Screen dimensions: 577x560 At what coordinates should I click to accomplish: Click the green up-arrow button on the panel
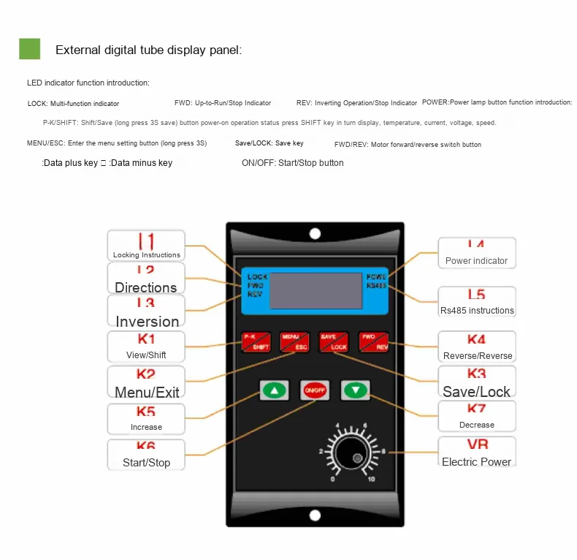[x=275, y=390]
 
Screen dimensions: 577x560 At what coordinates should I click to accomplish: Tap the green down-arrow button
[x=356, y=390]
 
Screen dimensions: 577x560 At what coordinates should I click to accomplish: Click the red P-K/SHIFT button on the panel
[x=256, y=341]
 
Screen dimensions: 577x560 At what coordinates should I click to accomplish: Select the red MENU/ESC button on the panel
[x=295, y=341]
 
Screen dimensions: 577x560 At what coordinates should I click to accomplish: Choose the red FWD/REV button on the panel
[x=373, y=341]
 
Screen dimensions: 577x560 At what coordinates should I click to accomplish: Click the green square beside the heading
[x=29, y=49]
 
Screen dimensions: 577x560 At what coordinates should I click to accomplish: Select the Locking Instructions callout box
[x=146, y=246]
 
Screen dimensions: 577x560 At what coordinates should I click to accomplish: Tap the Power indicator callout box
[x=476, y=252]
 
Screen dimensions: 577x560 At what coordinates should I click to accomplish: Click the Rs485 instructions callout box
[x=476, y=303]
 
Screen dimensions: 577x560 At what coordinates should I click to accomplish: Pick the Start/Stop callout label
[x=146, y=455]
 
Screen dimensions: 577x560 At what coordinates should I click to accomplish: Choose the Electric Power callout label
[x=476, y=453]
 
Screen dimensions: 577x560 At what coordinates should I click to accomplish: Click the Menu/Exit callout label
[x=146, y=384]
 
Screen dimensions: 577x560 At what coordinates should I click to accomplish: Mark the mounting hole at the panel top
[x=315, y=234]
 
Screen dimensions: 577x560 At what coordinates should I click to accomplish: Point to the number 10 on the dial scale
[x=372, y=480]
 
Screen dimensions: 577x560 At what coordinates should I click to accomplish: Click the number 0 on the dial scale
[x=334, y=480]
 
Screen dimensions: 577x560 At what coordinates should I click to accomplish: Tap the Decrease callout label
[x=476, y=417]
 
